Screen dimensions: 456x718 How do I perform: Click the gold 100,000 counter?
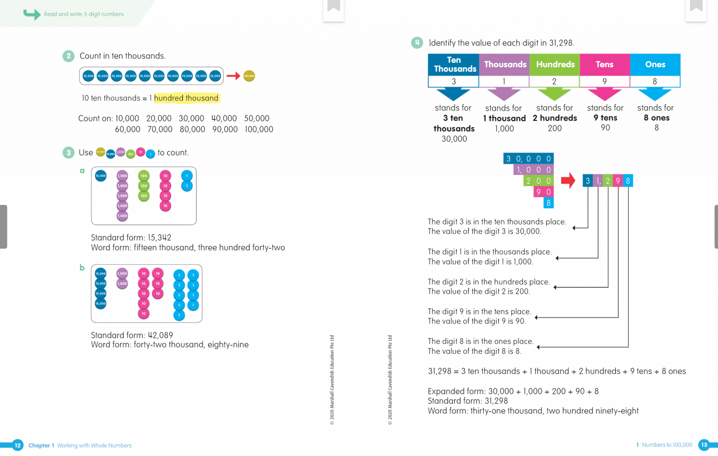249,76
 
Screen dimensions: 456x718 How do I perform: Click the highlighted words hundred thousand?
186,98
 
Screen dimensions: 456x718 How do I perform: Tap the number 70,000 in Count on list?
160,129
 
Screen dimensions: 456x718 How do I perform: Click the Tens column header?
604,65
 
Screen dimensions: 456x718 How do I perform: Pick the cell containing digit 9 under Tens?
604,81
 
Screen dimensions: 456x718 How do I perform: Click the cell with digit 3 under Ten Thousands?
453,81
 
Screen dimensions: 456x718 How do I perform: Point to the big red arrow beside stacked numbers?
568,181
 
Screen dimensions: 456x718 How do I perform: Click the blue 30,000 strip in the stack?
528,159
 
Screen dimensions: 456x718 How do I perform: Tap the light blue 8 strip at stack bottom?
548,203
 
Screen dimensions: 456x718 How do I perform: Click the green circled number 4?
417,43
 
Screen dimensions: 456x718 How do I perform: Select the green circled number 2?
68,56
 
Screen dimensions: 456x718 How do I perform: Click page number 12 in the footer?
18,445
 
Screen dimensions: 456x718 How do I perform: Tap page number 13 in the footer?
704,445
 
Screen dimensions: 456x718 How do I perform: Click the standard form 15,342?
160,237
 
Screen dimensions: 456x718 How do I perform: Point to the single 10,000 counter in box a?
101,176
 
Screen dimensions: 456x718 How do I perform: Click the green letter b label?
82,268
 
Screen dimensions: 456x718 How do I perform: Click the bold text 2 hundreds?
555,118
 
